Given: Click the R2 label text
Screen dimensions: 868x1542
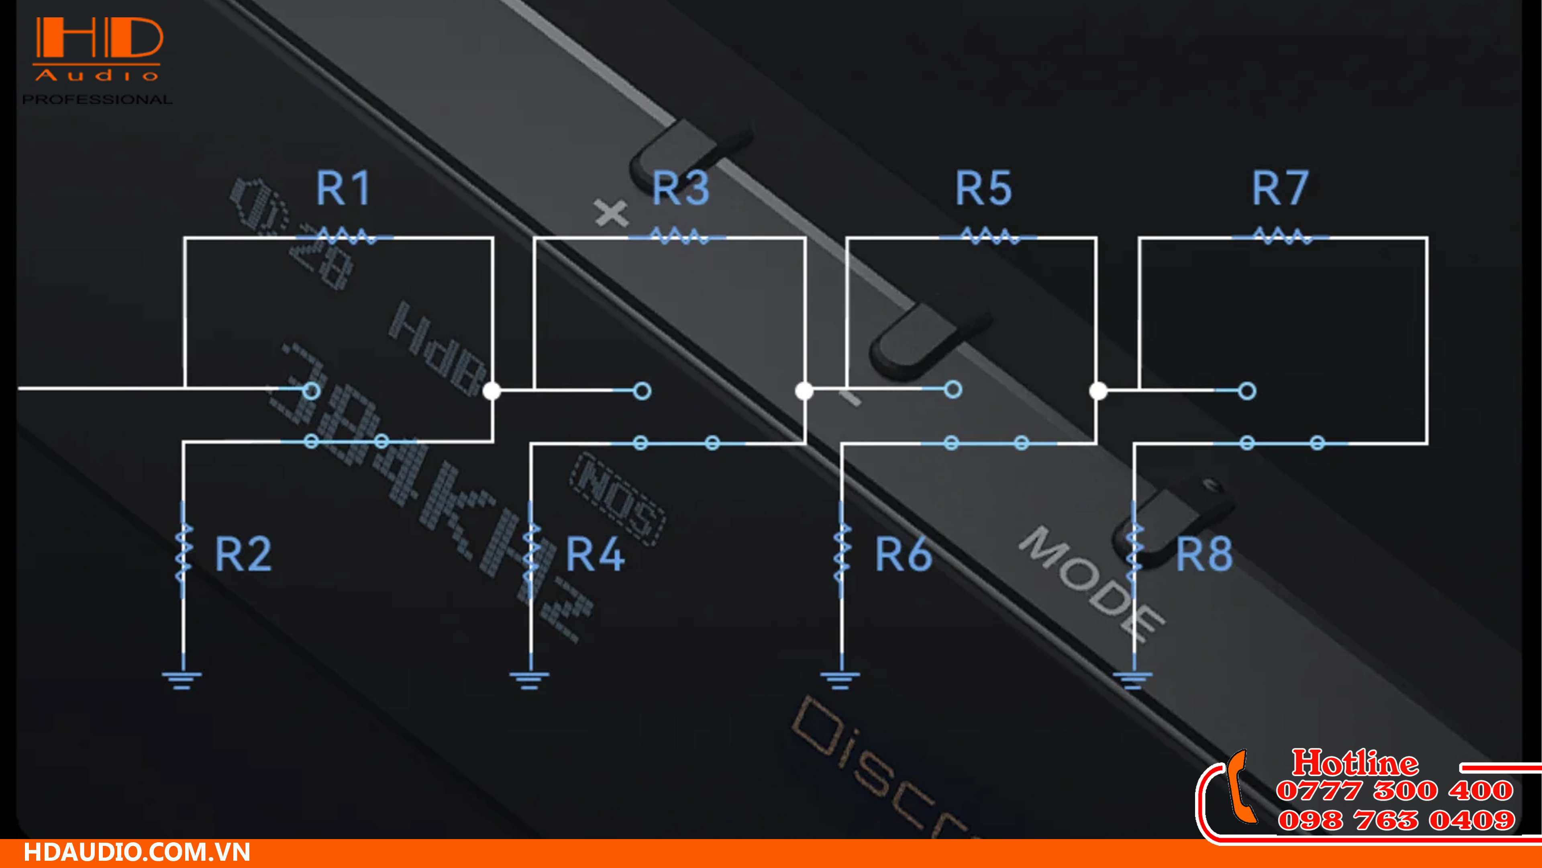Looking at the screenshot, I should click(243, 554).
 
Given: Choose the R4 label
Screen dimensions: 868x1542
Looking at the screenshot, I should click(595, 554).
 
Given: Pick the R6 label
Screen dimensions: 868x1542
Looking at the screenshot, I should click(903, 554).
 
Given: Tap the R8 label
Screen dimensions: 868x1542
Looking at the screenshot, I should click(1204, 554).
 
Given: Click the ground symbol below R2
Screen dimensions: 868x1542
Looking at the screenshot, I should click(182, 680).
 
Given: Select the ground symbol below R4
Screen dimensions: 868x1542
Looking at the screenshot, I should click(529, 680).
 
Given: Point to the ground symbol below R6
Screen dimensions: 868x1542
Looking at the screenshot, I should click(840, 680).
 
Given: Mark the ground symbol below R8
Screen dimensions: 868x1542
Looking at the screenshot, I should click(1132, 680).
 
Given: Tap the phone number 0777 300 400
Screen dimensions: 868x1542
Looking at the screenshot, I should click(1395, 791).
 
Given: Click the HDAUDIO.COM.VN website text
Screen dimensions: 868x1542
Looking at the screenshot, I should click(137, 852).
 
